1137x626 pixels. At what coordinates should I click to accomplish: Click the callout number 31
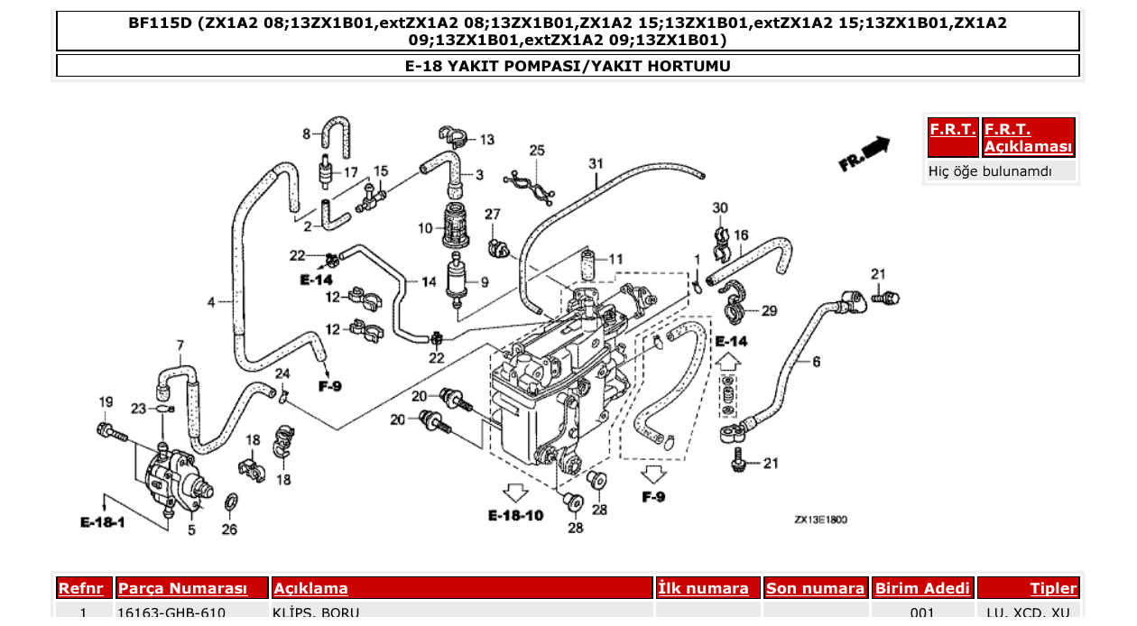pos(596,163)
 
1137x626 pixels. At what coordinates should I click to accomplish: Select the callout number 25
pos(537,150)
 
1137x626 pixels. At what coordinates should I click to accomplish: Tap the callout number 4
pos(211,302)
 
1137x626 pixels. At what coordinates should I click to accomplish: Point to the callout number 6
pos(816,362)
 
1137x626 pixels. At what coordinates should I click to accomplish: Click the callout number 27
pos(492,215)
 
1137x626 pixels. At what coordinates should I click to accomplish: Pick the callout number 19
pos(106,402)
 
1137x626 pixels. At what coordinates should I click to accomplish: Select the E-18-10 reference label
pos(515,516)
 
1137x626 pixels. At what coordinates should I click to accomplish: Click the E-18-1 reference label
pos(102,523)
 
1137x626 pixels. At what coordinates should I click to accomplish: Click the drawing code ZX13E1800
pos(820,520)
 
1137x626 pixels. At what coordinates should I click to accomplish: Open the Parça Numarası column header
pos(182,588)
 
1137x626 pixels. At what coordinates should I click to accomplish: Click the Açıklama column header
pos(310,588)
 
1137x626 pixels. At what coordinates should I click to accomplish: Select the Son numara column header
pos(815,588)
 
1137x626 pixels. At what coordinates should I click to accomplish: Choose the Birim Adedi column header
pos(922,588)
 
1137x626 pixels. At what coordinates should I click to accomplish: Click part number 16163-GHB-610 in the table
pos(171,613)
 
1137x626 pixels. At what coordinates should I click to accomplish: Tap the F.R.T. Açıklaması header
pos(1029,138)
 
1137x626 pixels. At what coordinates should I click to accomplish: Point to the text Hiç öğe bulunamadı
pos(990,170)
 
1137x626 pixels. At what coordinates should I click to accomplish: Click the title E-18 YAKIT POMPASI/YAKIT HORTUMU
pos(568,66)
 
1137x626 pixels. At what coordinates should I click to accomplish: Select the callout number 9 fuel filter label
pos(484,282)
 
